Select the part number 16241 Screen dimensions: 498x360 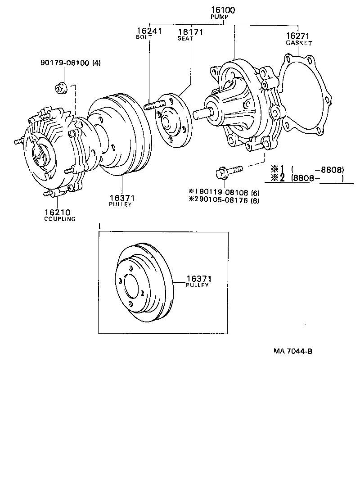149,31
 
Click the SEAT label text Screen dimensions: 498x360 185,39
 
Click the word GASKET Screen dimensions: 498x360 299,43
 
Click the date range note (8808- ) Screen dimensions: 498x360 317,178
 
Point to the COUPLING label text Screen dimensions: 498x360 59,219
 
